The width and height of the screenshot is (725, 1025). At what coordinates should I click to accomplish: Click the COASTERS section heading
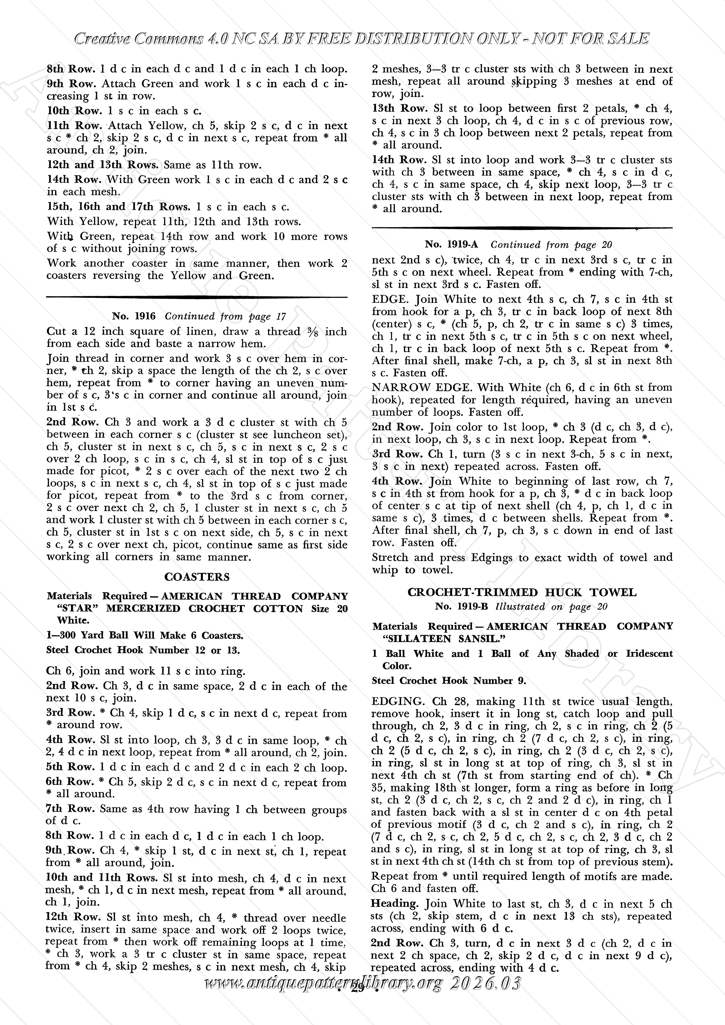pyautogui.click(x=197, y=577)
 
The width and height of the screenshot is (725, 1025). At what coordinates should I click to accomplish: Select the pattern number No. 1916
pyautogui.click(x=134, y=316)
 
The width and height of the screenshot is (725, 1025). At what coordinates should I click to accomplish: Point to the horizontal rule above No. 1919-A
pyautogui.click(x=522, y=228)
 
